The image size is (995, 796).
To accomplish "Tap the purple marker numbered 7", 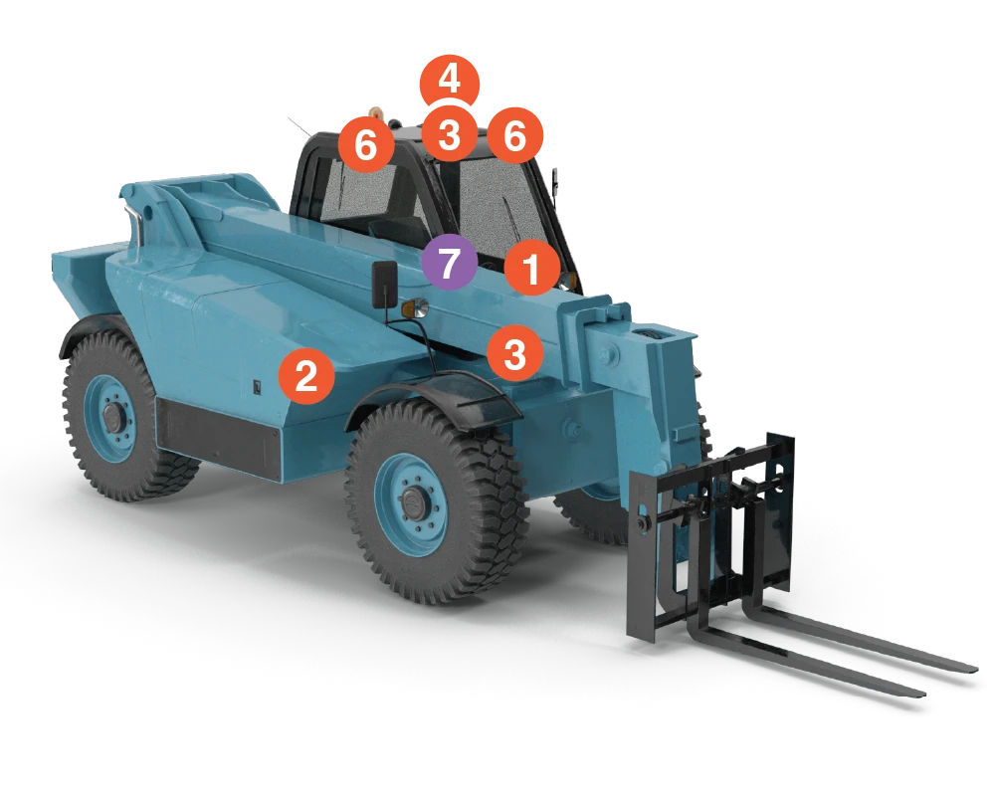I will (450, 265).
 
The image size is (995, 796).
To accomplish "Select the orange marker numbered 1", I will (531, 269).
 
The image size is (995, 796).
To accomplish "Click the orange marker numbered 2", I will (306, 377).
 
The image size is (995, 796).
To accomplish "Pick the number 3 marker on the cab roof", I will (449, 134).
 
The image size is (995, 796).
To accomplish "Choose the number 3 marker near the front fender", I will (514, 353).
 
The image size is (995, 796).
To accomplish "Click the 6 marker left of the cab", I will (366, 145).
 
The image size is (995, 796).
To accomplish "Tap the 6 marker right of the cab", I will (514, 135).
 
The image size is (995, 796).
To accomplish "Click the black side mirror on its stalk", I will (384, 285).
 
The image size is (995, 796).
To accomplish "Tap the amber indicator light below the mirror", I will (410, 310).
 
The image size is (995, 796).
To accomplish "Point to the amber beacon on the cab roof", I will (376, 110).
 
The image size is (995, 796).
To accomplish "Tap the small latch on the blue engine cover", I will (255, 388).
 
